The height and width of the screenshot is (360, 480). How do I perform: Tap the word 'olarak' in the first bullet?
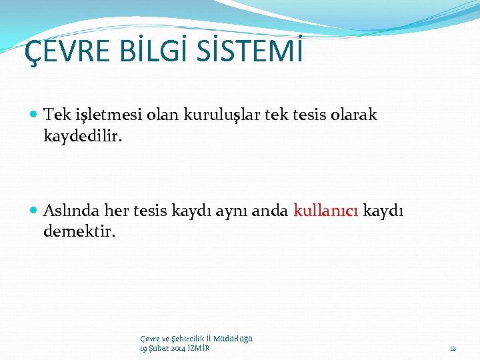(354, 115)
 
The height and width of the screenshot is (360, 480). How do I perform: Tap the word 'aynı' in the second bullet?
(231, 211)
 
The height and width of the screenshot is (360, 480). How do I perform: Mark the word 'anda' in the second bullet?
(270, 211)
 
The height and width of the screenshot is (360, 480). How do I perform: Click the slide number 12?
(453, 349)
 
